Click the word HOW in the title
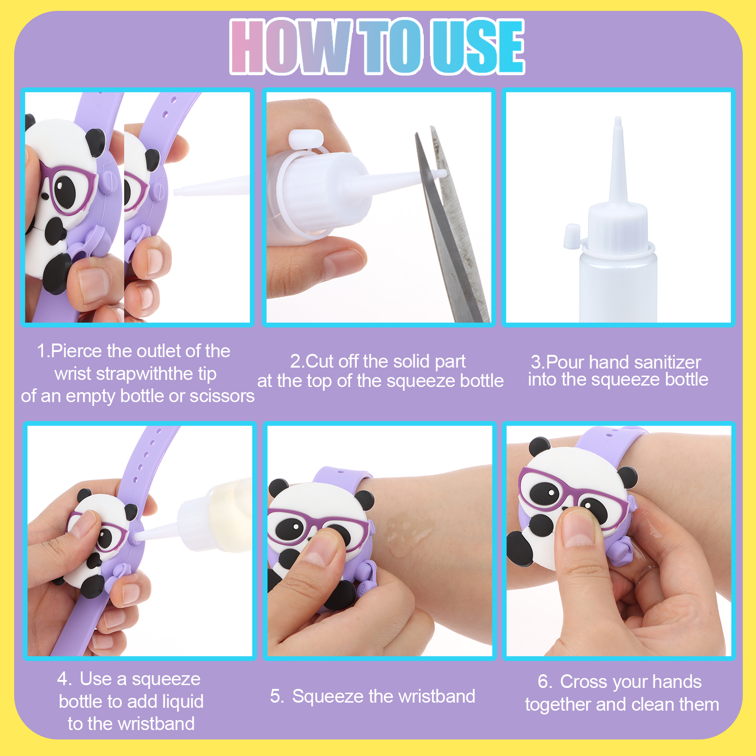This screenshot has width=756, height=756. (290, 46)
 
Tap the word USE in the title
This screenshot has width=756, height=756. (478, 46)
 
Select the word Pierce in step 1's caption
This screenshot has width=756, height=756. (77, 351)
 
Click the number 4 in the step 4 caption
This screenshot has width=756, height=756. (63, 679)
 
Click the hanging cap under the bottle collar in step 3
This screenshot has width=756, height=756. (571, 236)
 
